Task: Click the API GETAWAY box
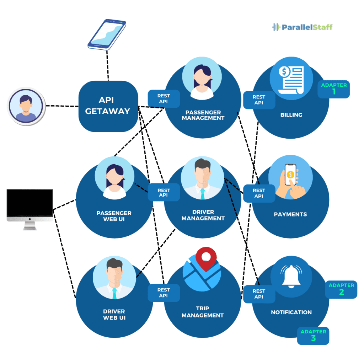[x=108, y=106]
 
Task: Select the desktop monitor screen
[x=30, y=203]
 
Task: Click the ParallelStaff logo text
[x=306, y=27]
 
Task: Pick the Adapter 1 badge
[x=333, y=89]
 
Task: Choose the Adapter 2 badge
[x=341, y=289]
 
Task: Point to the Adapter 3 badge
[x=313, y=336]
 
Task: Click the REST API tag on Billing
[x=259, y=100]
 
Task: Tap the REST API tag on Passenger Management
[x=164, y=98]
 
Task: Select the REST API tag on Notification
[x=259, y=294]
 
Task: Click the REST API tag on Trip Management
[x=164, y=293]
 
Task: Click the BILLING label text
[x=291, y=115]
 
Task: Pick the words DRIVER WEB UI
[x=114, y=315]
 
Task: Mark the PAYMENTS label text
[x=290, y=214]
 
